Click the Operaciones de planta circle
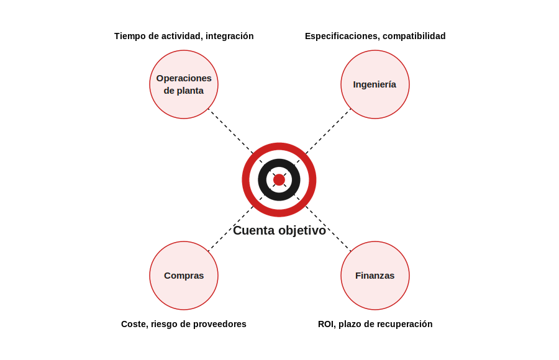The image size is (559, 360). [184, 84]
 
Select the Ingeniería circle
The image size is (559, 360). [375, 84]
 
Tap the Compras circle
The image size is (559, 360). [184, 276]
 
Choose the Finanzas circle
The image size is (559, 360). [375, 276]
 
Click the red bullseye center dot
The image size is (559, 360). [279, 180]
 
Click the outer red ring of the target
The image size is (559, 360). [279, 146]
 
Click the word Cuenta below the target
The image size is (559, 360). [254, 231]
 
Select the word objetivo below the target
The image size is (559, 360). [302, 231]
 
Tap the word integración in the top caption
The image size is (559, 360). [230, 37]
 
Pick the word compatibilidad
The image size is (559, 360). [414, 37]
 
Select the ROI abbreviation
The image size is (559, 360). [326, 324]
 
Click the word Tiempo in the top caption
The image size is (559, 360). [128, 37]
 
